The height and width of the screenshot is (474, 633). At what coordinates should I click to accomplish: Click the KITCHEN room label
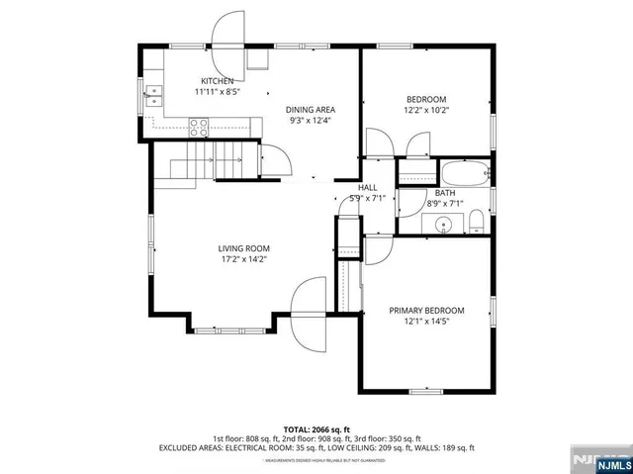point(218,81)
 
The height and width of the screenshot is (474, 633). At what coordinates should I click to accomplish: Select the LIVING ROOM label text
point(243,248)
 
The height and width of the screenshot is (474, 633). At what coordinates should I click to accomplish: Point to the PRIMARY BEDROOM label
point(426,310)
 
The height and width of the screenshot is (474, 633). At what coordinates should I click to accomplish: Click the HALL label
point(367,187)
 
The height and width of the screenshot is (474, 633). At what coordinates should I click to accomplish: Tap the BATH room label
point(445,193)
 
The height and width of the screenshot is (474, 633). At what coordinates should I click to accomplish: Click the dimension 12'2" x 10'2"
point(426,111)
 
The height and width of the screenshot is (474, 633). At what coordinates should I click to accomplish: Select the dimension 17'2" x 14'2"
point(243,259)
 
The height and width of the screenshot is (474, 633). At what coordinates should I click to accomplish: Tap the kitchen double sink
point(155,96)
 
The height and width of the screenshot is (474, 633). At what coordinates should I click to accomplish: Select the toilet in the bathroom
point(476,219)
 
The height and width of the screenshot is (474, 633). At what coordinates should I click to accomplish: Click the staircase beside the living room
point(203,161)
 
